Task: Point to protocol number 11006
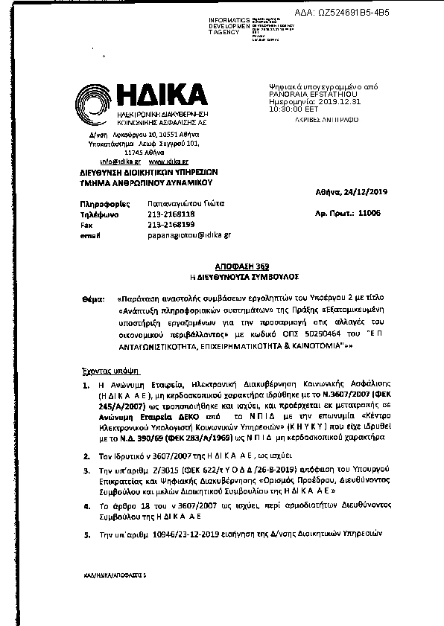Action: [370, 212]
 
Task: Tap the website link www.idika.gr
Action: [168, 161]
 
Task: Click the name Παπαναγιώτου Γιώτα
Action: [181, 202]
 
